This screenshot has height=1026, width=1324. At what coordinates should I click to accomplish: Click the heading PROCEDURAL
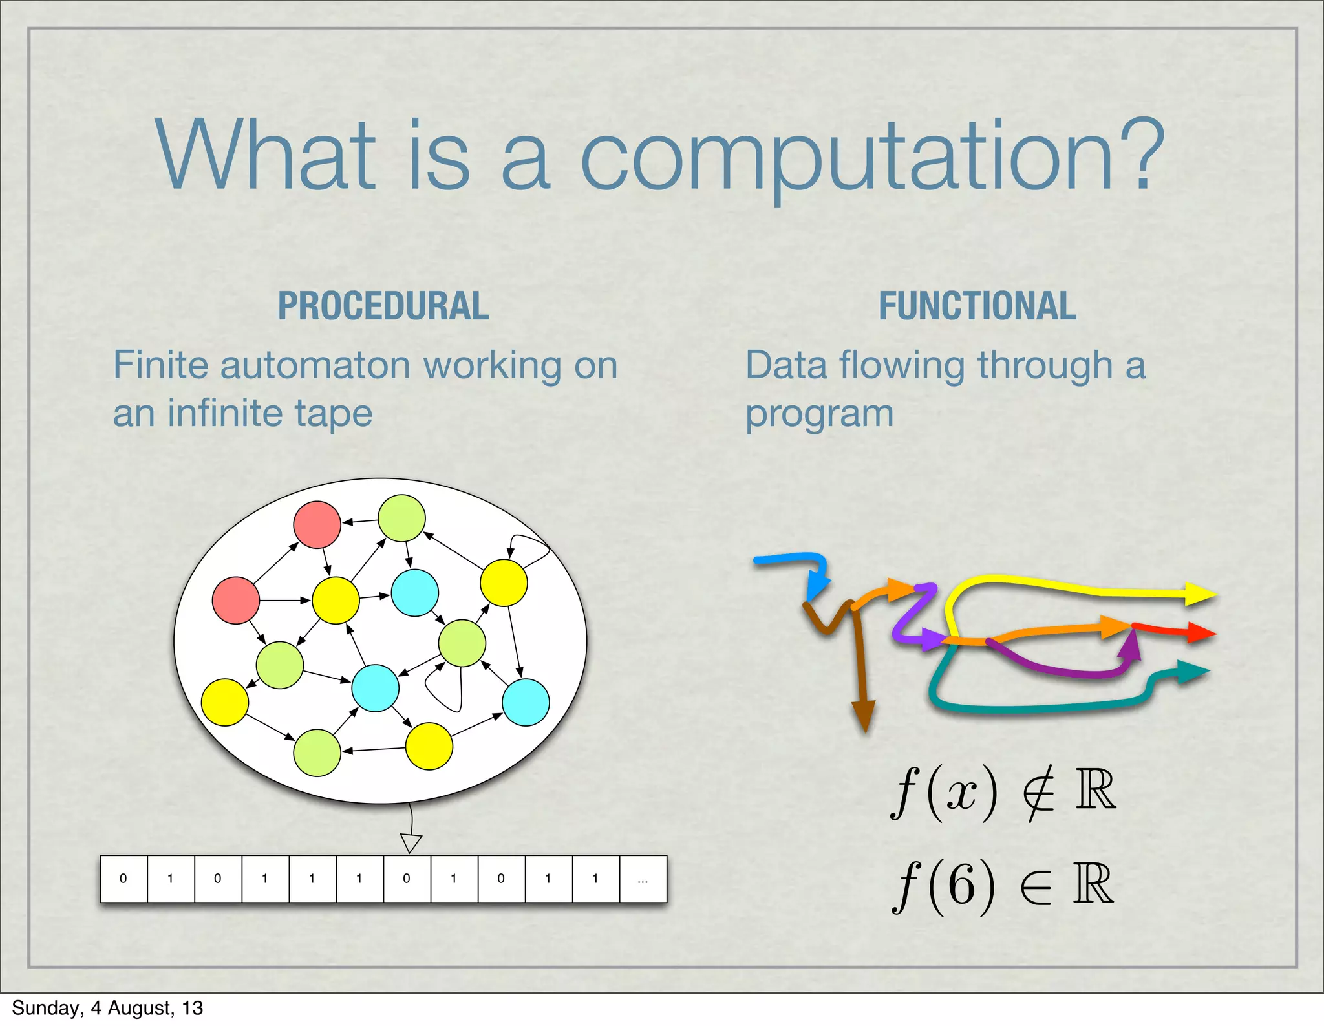[x=383, y=306]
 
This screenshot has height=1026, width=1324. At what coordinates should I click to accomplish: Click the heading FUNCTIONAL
[x=977, y=306]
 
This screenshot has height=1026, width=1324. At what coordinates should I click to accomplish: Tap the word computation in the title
[x=847, y=157]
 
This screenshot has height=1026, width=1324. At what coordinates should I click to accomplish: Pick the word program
[x=819, y=414]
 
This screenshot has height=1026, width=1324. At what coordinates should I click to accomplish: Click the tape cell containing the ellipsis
[x=643, y=879]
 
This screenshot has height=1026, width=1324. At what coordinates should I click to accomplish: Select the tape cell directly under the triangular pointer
[x=407, y=879]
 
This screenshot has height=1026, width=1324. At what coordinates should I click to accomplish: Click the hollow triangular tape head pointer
[x=411, y=842]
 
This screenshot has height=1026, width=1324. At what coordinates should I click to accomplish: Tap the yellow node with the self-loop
[x=504, y=582]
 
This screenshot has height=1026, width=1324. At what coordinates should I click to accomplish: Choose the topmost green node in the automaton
[x=401, y=518]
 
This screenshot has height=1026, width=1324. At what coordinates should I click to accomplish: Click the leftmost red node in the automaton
[x=236, y=601]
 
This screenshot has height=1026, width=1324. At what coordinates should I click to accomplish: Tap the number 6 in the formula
[x=961, y=884]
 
